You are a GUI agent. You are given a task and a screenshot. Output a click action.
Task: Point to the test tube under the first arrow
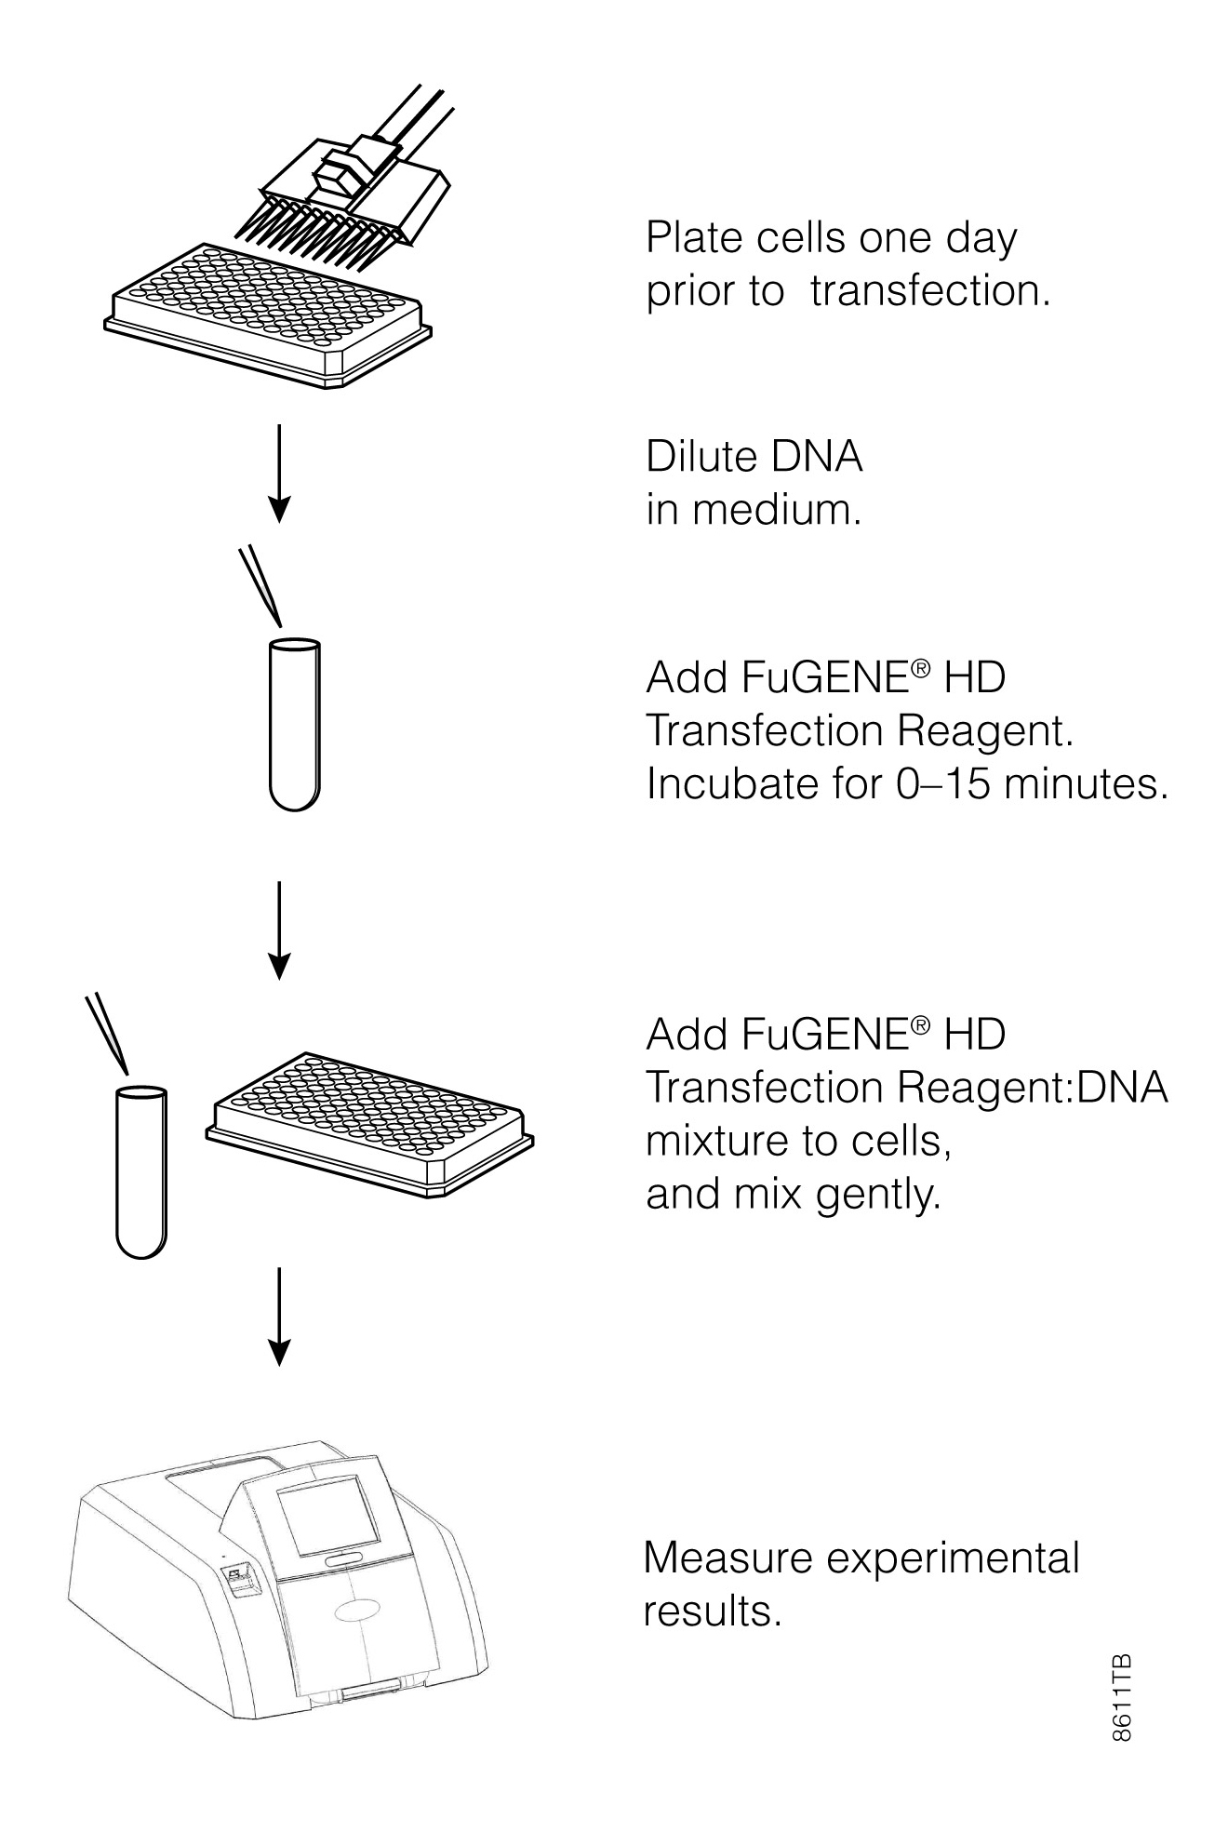point(294,723)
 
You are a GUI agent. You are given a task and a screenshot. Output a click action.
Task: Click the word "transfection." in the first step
point(929,291)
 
